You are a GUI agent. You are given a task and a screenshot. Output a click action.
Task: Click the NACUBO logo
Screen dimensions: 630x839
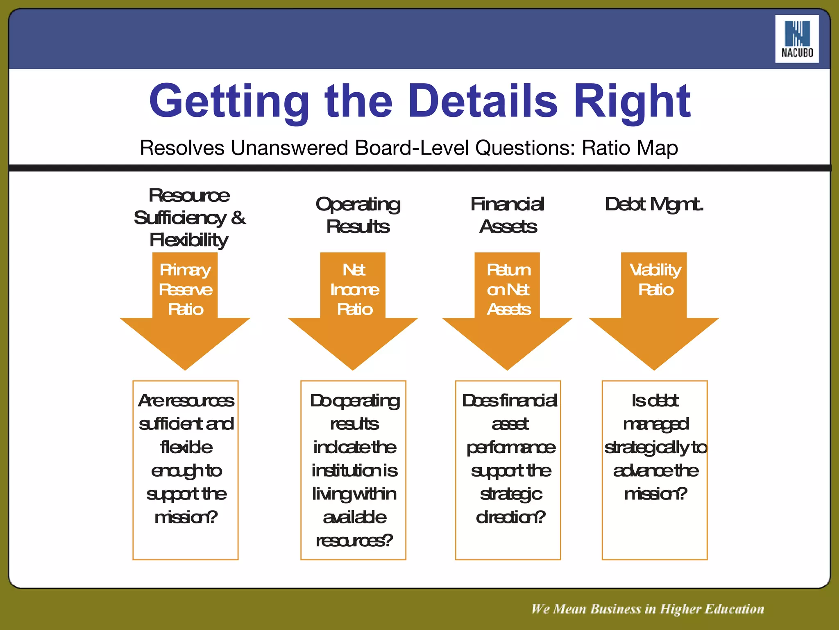796,39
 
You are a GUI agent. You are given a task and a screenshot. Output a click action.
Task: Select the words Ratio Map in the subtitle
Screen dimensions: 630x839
630,148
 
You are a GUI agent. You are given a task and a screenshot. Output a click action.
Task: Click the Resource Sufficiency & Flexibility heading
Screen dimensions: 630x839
189,217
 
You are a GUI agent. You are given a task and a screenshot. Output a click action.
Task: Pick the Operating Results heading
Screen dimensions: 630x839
358,215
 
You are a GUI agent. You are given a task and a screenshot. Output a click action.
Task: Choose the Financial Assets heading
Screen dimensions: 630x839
508,215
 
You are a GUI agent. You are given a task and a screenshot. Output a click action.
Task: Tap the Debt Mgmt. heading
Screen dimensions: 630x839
654,204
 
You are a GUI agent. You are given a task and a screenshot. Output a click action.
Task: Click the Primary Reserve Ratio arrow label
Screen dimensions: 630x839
185,290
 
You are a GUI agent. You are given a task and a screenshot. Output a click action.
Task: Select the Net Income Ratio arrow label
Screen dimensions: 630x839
354,290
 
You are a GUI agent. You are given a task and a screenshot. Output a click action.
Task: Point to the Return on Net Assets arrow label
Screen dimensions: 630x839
508,290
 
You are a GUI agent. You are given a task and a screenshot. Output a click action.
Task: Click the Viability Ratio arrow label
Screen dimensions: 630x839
655,280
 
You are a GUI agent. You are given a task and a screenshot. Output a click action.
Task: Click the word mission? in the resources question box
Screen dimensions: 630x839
186,517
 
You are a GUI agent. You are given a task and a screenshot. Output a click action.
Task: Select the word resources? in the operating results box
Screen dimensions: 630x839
354,541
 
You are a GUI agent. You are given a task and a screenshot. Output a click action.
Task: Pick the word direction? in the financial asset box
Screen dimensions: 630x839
510,517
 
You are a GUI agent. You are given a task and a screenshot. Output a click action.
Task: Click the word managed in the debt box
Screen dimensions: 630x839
655,424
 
